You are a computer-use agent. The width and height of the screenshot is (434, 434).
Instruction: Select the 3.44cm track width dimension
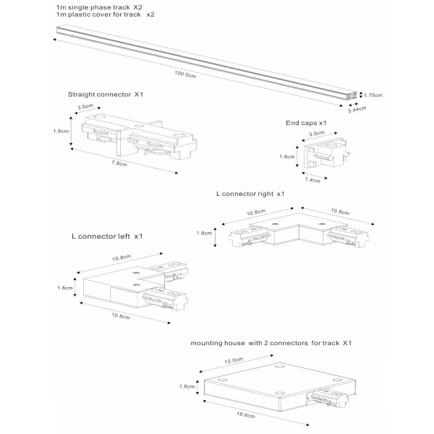tap(357, 109)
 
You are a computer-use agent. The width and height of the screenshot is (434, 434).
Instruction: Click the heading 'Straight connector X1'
tap(106, 94)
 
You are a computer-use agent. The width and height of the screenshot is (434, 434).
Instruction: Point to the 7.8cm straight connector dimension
tap(119, 164)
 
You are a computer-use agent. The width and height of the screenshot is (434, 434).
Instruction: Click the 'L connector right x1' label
tap(250, 194)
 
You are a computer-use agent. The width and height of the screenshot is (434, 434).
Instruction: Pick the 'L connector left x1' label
tap(107, 236)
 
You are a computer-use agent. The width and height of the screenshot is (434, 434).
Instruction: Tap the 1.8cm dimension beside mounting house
tap(186, 387)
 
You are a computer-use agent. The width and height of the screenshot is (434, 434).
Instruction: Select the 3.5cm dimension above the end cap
tap(315, 134)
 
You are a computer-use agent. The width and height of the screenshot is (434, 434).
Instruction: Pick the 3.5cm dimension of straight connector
tap(84, 108)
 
